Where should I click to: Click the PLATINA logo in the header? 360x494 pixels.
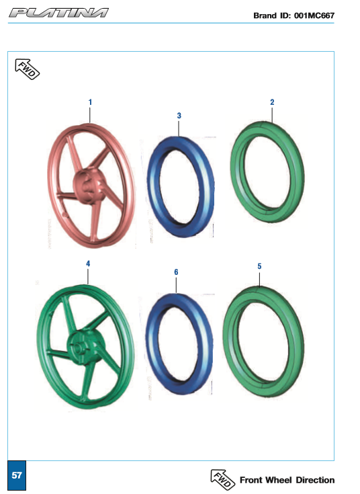[58, 13]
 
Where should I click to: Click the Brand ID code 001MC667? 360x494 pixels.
[314, 15]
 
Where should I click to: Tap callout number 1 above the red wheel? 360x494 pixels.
[90, 102]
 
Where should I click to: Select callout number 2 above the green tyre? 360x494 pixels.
[272, 102]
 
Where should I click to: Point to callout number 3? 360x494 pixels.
[179, 116]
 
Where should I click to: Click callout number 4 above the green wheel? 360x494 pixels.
[88, 263]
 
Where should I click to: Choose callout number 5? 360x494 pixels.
[259, 266]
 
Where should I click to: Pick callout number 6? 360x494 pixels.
[176, 272]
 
